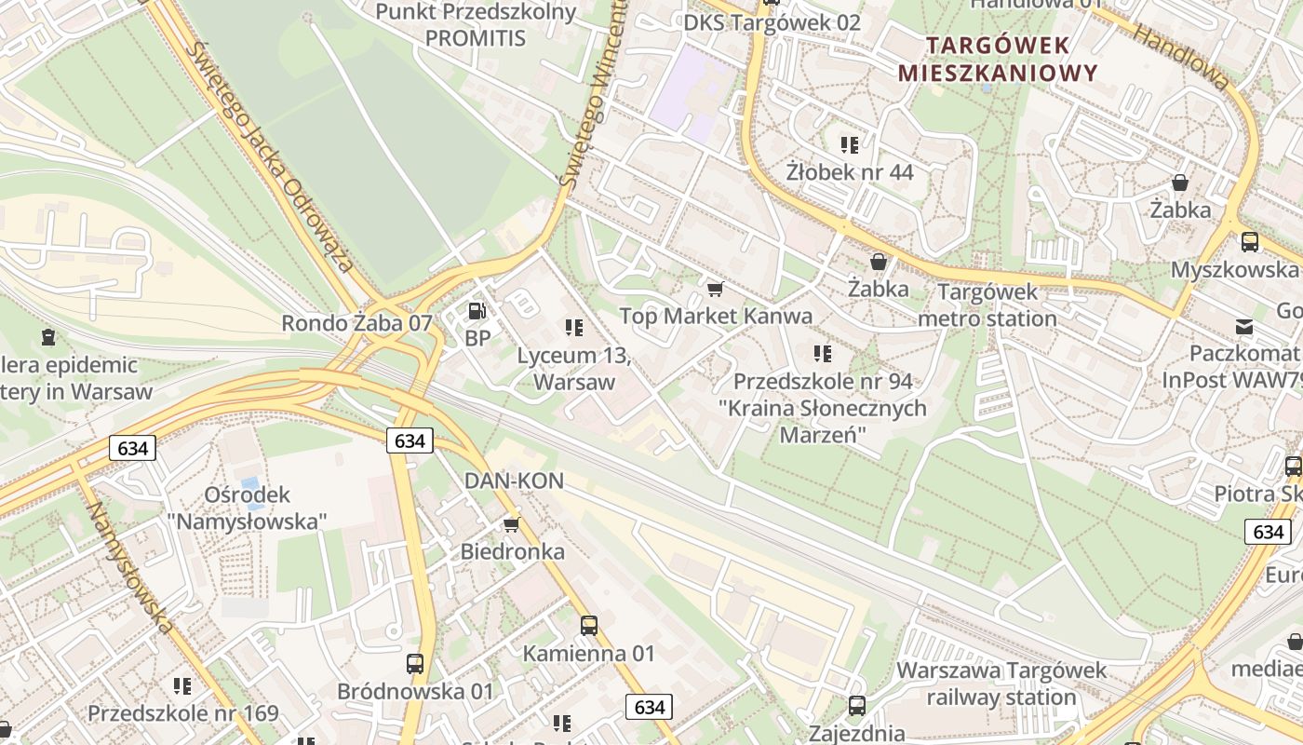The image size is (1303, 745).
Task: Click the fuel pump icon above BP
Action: (x=477, y=311)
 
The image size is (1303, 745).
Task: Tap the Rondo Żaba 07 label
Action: (x=357, y=323)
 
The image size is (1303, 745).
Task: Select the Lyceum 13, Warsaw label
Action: (x=574, y=369)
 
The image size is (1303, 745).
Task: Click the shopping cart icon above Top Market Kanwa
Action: (x=715, y=290)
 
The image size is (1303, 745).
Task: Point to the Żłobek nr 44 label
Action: (x=850, y=172)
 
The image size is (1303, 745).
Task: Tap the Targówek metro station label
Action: (x=987, y=305)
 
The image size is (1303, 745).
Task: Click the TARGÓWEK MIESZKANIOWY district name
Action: (x=998, y=59)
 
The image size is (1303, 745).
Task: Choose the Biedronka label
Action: (x=513, y=551)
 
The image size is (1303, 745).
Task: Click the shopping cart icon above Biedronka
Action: (x=511, y=525)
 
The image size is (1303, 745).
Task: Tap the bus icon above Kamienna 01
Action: (x=589, y=626)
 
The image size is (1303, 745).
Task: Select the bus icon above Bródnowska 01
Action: (x=415, y=664)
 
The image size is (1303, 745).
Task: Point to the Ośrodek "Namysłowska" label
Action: (x=248, y=508)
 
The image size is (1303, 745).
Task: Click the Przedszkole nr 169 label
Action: (x=183, y=713)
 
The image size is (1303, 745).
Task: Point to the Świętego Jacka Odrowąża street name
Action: (x=271, y=157)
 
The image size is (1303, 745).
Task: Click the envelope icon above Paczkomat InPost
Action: (x=1243, y=327)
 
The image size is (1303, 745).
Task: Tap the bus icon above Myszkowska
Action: (x=1249, y=242)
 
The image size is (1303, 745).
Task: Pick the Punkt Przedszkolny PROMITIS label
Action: (x=476, y=25)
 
